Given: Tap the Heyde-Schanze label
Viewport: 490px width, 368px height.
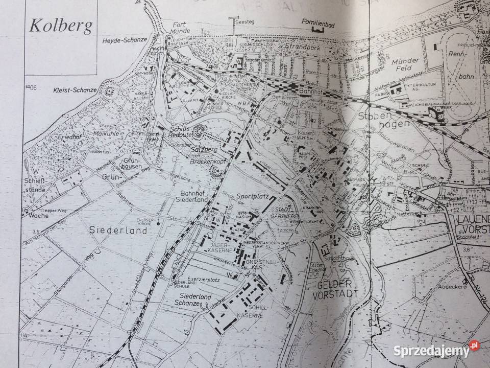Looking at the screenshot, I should pos(125,40).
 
